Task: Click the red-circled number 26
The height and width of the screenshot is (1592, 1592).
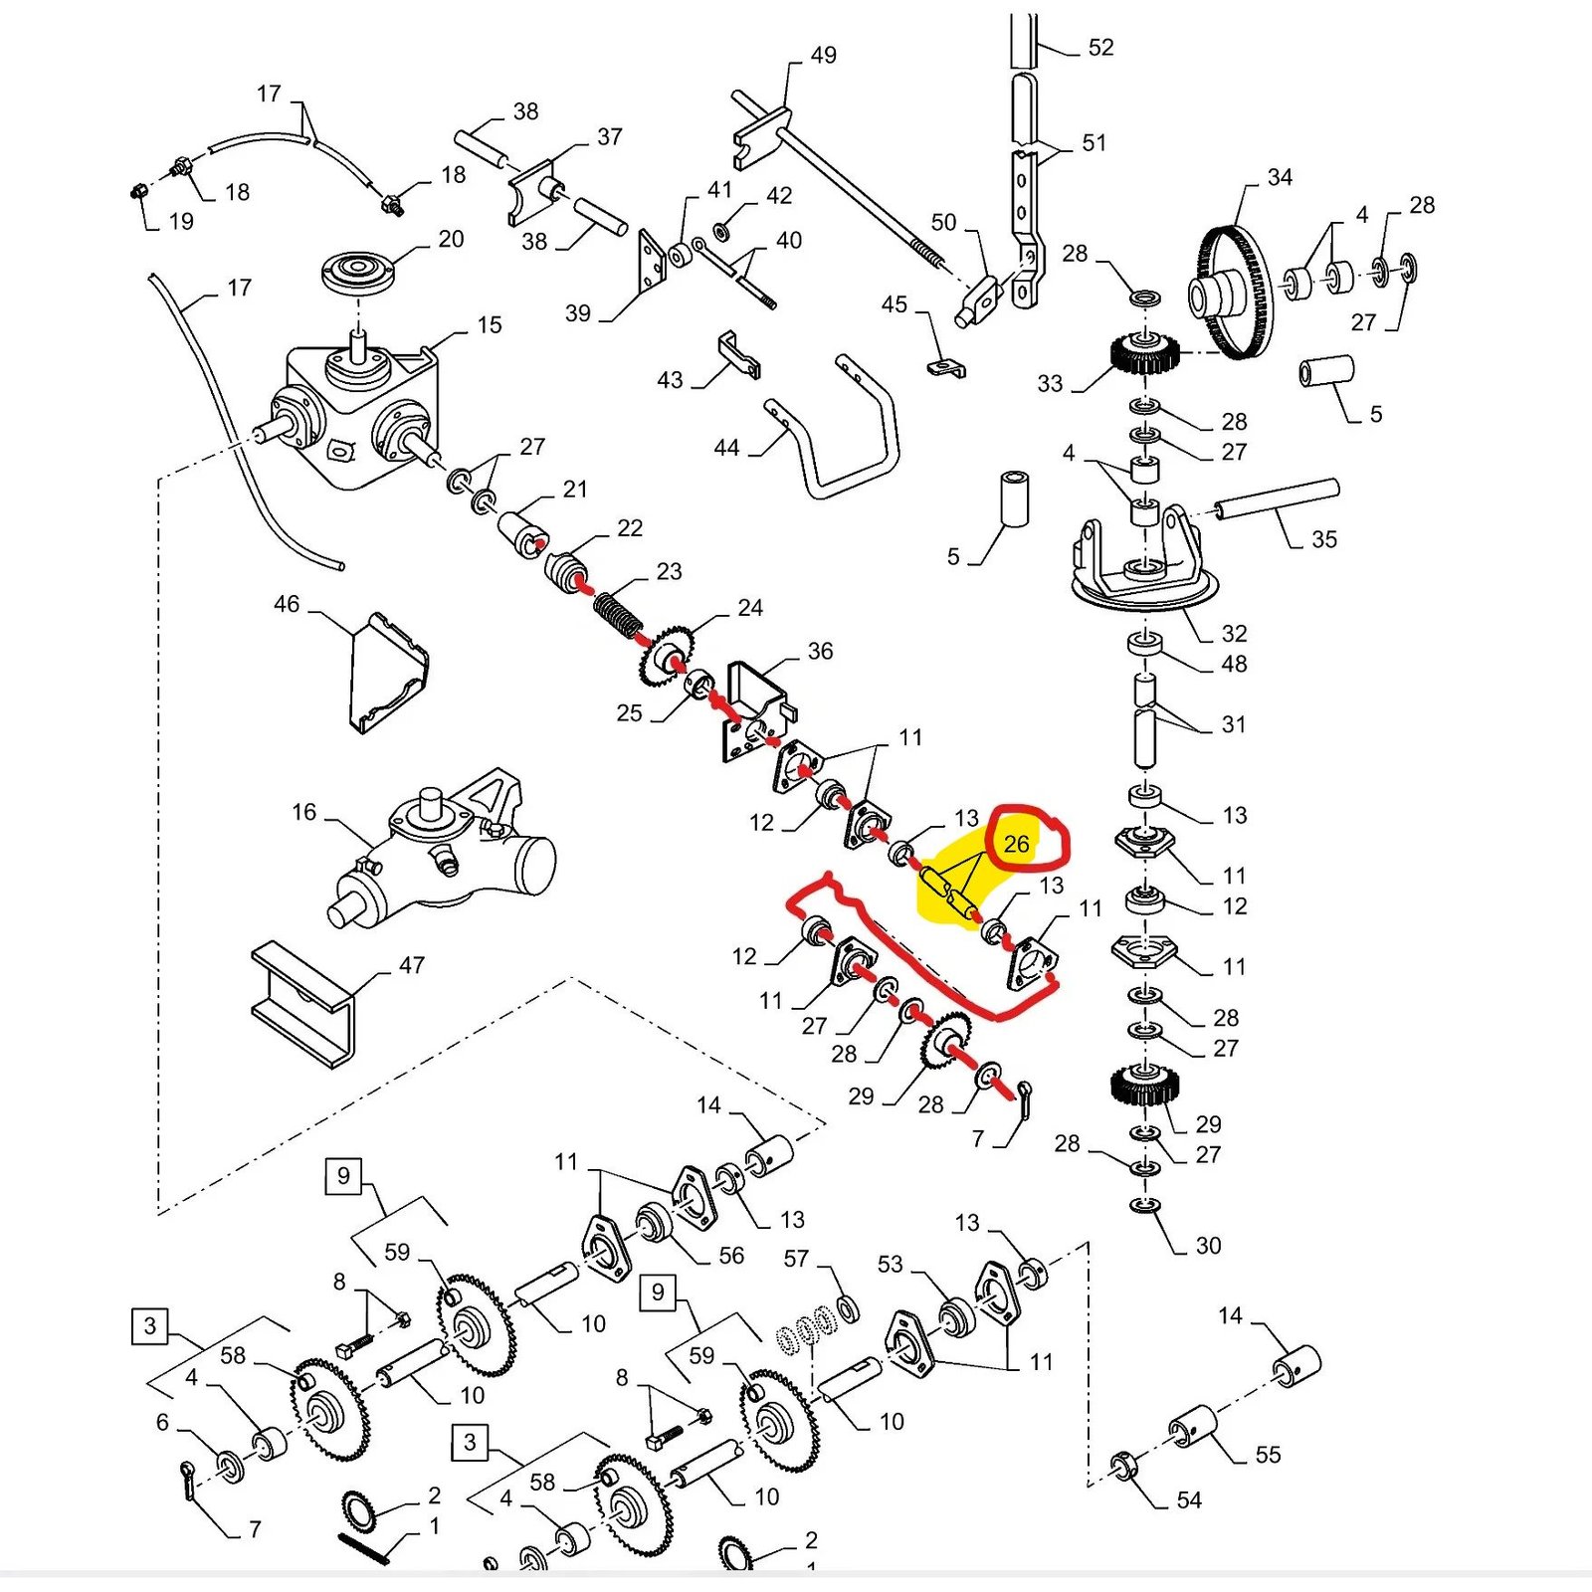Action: pyautogui.click(x=1016, y=844)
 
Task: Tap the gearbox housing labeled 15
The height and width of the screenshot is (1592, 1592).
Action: pyautogui.click(x=358, y=418)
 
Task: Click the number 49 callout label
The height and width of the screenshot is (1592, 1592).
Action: pyautogui.click(x=823, y=56)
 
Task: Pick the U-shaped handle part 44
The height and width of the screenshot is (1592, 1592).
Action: pyautogui.click(x=846, y=438)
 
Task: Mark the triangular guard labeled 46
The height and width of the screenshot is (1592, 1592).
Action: pyautogui.click(x=388, y=672)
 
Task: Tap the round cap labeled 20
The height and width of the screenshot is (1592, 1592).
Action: pyautogui.click(x=358, y=271)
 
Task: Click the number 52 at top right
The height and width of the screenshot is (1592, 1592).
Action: pyautogui.click(x=1100, y=48)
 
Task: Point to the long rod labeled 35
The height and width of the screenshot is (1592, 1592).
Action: pyautogui.click(x=1276, y=498)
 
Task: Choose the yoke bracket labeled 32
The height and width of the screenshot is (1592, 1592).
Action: pyautogui.click(x=1144, y=562)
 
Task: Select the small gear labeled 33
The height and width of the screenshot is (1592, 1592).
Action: pyautogui.click(x=1144, y=354)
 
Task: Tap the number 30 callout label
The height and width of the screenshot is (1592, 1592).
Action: pyautogui.click(x=1208, y=1245)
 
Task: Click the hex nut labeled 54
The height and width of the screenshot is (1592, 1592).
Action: pyautogui.click(x=1123, y=1466)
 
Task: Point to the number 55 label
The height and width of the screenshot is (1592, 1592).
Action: pyautogui.click(x=1268, y=1455)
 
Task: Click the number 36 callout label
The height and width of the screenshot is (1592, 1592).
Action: pyautogui.click(x=820, y=651)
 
